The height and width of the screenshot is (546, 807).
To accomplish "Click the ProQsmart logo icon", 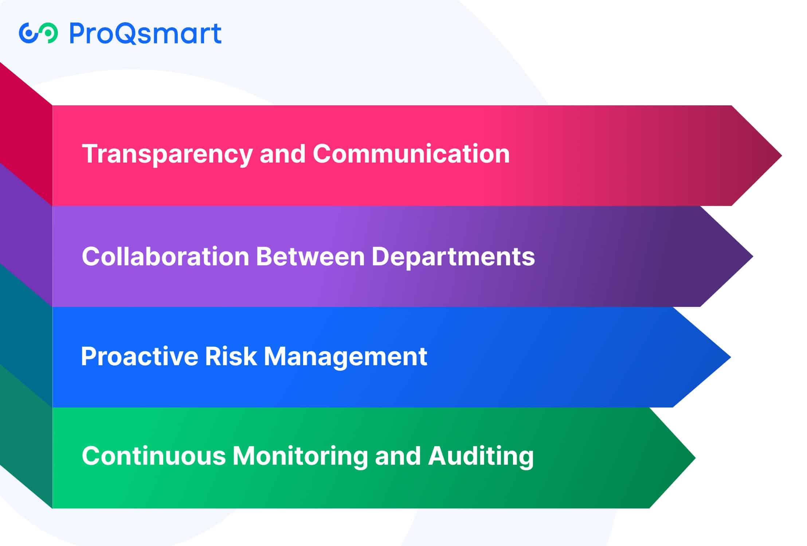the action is [x=38, y=33].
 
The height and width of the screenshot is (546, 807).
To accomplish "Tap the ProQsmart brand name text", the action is [x=145, y=34].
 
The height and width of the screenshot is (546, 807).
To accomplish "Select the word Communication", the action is [x=411, y=153].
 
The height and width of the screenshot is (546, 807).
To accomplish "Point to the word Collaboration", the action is [x=165, y=256].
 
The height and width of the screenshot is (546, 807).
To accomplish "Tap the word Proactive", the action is [x=140, y=356].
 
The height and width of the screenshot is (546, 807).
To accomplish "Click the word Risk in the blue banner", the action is [x=231, y=356].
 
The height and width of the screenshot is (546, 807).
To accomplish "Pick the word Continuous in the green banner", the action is [x=154, y=456].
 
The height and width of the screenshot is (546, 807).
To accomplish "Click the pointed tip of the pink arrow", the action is [x=781, y=156].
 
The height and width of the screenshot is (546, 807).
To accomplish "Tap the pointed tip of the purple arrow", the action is [x=753, y=256].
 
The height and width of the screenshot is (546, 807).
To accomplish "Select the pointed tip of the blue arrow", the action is [x=730, y=357].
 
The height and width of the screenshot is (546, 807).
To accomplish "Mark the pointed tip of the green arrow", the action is [x=696, y=458].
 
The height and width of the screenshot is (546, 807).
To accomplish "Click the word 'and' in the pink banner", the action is [x=282, y=153].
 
